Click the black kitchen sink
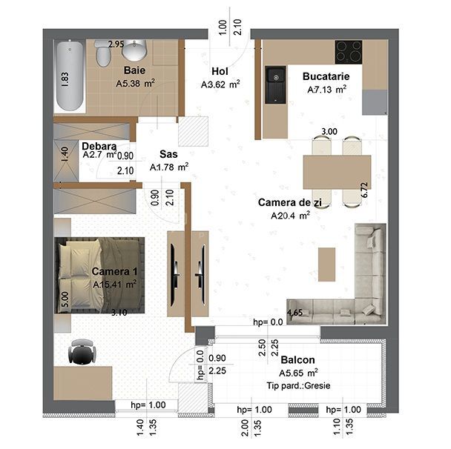(276, 83)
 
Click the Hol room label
(218, 71)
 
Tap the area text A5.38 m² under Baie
(134, 84)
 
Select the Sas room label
(168, 155)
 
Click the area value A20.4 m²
(290, 216)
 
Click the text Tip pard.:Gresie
(298, 386)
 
